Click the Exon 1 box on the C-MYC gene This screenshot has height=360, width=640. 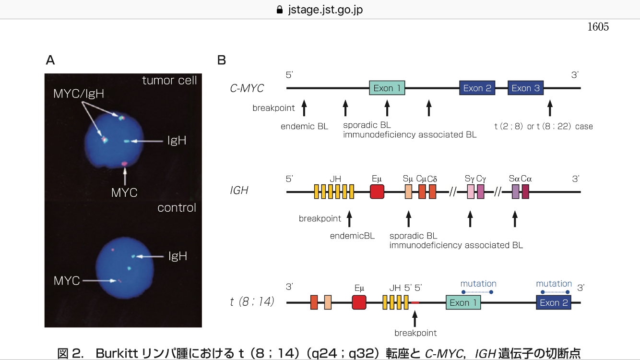[387, 88]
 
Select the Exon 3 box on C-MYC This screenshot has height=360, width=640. [525, 88]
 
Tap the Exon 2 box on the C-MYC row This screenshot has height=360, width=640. [477, 88]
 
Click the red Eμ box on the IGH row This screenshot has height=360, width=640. [377, 192]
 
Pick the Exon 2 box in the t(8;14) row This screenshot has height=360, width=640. [554, 302]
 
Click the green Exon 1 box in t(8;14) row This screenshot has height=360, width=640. [463, 302]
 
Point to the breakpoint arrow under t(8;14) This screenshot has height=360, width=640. [415, 319]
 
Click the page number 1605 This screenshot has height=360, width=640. [598, 27]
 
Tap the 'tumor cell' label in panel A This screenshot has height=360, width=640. [169, 80]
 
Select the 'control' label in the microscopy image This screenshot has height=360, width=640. [177, 207]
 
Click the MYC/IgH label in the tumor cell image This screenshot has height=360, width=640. [79, 94]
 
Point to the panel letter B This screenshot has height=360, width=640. [222, 60]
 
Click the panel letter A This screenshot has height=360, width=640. [50, 60]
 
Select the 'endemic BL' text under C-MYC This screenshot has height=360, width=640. [304, 126]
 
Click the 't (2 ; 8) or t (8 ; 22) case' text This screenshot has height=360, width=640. [544, 126]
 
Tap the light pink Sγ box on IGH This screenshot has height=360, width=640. [471, 192]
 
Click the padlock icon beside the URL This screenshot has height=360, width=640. [280, 10]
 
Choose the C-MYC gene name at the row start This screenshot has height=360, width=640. [247, 88]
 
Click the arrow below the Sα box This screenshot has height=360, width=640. [515, 219]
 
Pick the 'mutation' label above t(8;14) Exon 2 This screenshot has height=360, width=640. [554, 284]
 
